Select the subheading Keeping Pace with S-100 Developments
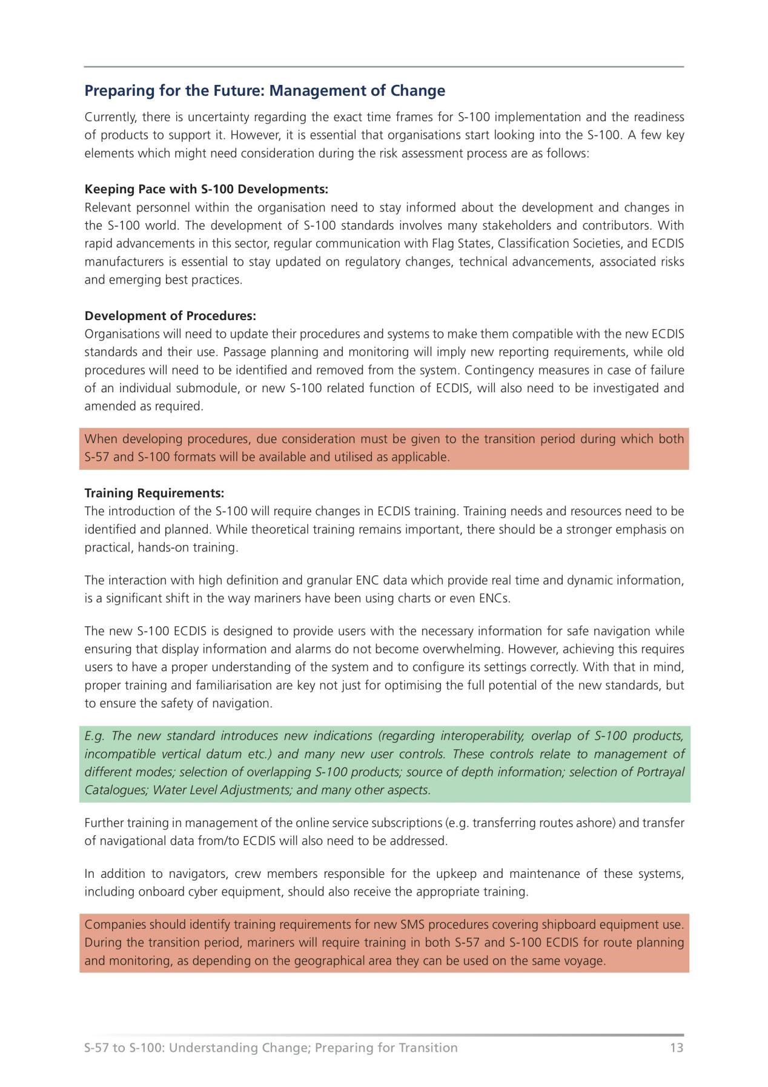[206, 189]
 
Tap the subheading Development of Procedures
[170, 316]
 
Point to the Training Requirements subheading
[154, 493]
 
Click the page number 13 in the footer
[677, 1048]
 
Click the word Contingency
[498, 370]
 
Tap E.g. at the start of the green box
[94, 736]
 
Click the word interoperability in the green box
[482, 736]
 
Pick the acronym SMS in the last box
[414, 925]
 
